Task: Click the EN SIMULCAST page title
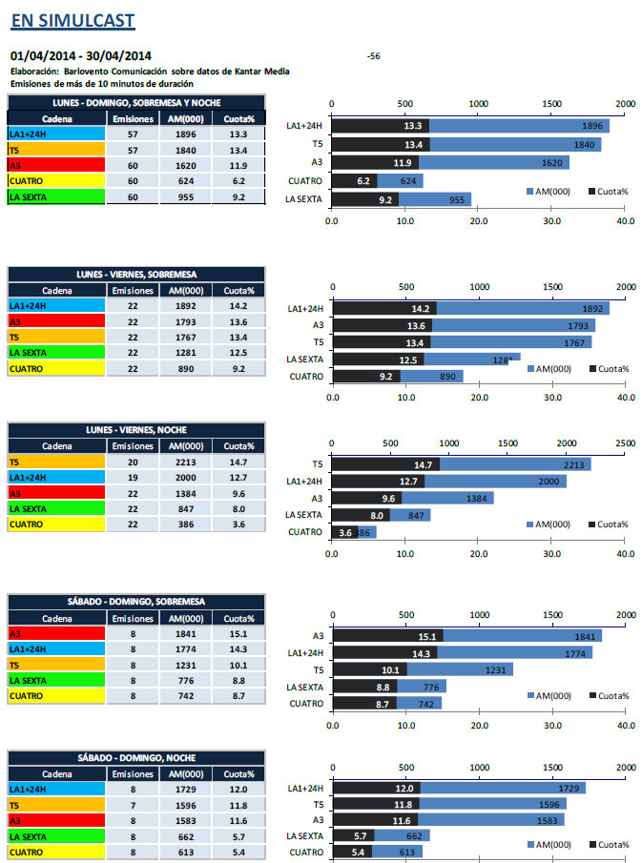click(x=72, y=20)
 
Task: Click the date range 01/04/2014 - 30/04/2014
click(x=80, y=56)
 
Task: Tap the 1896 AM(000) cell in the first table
click(x=185, y=134)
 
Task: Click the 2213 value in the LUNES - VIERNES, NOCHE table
click(x=185, y=462)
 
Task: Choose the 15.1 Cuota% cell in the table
click(x=238, y=633)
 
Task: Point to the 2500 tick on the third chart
click(x=625, y=442)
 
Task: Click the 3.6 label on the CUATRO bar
click(x=345, y=532)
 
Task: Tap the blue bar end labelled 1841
click(x=586, y=636)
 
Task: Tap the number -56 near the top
click(x=374, y=56)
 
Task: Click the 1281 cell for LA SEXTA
click(x=185, y=353)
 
